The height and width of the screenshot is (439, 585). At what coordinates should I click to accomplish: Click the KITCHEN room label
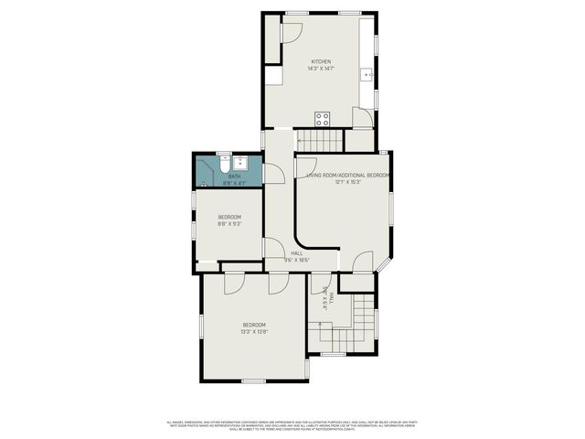[x=320, y=61]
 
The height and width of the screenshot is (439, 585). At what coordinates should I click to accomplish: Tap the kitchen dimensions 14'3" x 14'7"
[x=320, y=68]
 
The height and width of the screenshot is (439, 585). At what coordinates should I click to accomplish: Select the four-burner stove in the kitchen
[x=322, y=118]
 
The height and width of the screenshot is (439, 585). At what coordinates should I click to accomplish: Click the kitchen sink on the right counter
[x=368, y=73]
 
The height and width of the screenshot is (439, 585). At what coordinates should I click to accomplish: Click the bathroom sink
[x=235, y=160]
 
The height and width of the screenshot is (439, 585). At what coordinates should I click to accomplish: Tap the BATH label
[x=235, y=177]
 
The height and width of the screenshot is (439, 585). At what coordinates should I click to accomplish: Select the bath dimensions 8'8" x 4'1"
[x=235, y=183]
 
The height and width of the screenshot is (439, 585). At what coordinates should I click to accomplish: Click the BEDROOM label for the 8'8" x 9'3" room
[x=229, y=217]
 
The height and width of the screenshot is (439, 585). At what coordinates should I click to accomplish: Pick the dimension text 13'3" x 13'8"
[x=254, y=332]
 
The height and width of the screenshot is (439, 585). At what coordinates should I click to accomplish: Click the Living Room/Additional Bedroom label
[x=348, y=175]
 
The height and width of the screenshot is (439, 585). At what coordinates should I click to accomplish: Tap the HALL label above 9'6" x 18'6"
[x=296, y=253]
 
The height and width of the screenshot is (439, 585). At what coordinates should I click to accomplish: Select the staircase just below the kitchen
[x=319, y=141]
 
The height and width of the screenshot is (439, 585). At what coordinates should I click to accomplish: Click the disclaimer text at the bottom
[x=292, y=424]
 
